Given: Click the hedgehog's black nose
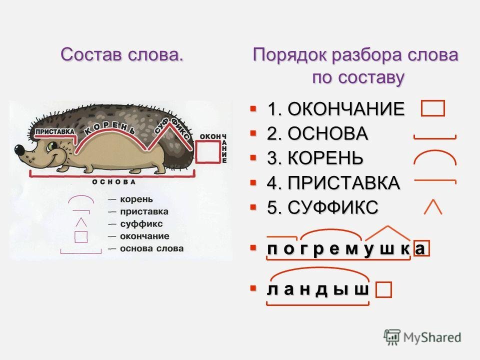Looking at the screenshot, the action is tap(19, 149).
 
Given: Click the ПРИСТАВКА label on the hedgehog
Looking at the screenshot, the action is tap(55, 132).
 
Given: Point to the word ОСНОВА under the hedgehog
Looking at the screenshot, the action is tap(114, 182).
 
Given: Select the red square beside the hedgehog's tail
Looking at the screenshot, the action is tap(208, 151).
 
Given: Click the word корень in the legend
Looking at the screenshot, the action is tap(136, 199).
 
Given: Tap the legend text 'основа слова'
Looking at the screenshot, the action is tap(151, 248).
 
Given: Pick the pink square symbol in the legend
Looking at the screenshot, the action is tap(81, 236).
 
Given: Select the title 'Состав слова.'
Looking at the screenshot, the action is tap(122, 55).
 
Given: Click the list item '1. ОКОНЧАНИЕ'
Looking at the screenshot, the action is tap(335, 108).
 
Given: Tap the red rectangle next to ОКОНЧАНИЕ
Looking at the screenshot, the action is tap(433, 108).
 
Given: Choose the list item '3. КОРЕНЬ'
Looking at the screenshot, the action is tap(315, 158).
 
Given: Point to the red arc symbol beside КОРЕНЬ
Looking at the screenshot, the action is tap(435, 150).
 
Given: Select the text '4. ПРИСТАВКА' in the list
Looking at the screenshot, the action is tap(333, 183).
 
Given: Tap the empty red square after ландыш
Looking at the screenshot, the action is tap(383, 290).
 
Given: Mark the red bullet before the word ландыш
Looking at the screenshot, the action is tap(253, 288).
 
